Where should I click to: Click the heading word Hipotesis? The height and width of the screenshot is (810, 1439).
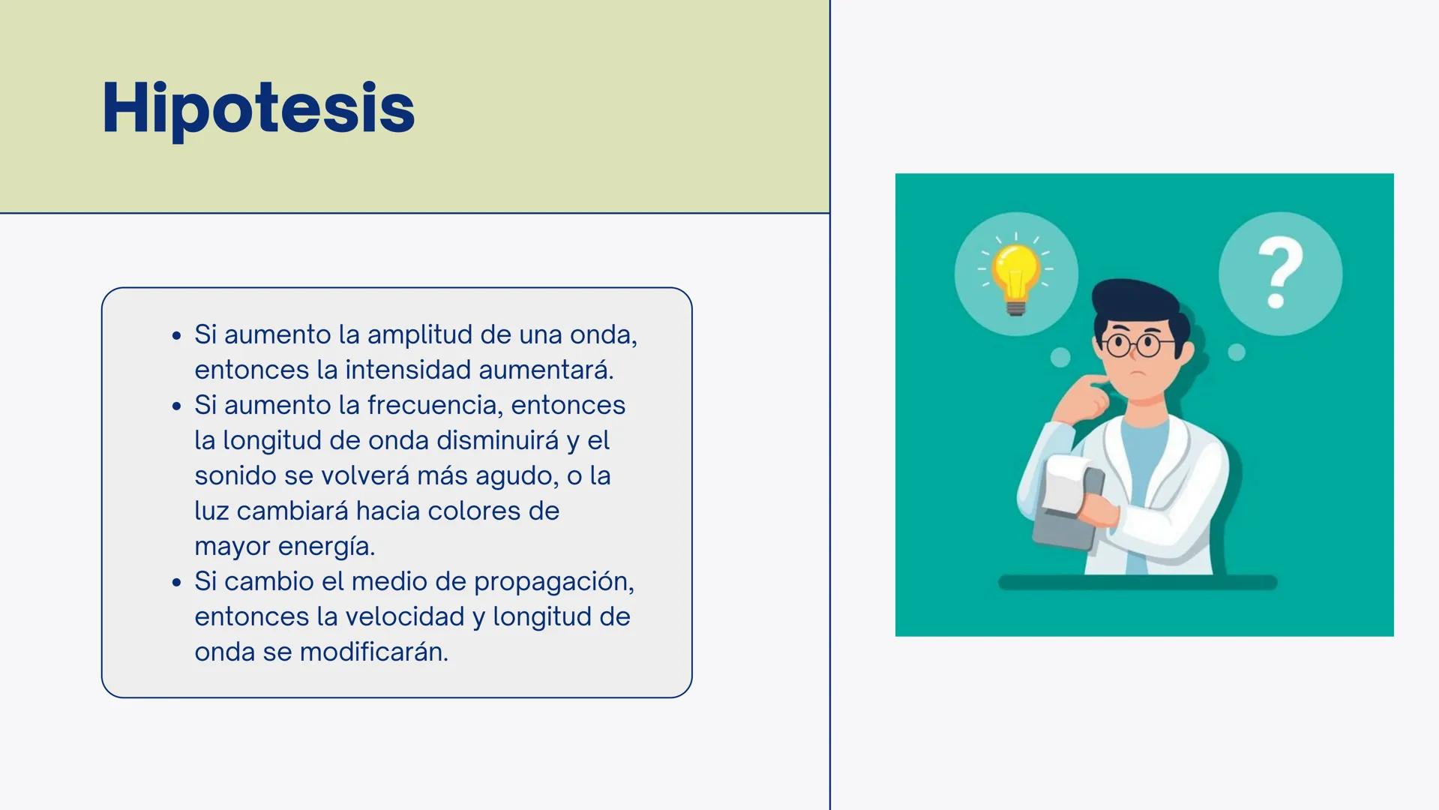(258, 109)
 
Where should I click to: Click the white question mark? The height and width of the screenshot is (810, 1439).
(1280, 272)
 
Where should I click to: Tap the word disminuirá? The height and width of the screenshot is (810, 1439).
(498, 440)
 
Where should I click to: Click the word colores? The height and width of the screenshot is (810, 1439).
(457, 511)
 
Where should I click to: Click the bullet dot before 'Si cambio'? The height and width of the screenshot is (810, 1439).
(176, 582)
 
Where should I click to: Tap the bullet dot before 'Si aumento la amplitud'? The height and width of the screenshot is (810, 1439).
(176, 335)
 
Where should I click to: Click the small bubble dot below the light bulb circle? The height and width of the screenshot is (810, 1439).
(1060, 358)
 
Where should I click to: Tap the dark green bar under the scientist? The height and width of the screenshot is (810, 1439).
(1138, 583)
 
